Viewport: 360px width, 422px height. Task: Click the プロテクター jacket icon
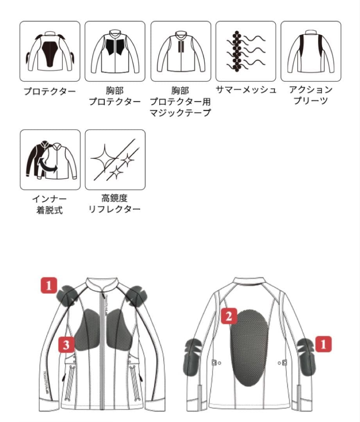click(x=50, y=51)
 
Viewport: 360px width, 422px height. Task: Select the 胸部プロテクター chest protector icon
click(x=115, y=51)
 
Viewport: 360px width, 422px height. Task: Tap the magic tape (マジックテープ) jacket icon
click(x=181, y=51)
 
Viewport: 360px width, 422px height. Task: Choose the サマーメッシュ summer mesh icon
click(x=245, y=51)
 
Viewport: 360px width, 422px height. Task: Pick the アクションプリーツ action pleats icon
click(x=311, y=51)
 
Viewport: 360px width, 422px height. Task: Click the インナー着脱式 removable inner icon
click(x=50, y=160)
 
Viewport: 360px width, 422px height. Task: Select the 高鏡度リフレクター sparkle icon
click(x=115, y=160)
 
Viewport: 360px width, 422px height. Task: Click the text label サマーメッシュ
click(x=246, y=90)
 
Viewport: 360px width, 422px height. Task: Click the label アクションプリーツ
click(x=311, y=95)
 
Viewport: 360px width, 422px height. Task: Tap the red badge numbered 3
click(x=67, y=345)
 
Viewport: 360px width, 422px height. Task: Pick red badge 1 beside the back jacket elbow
click(x=323, y=344)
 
